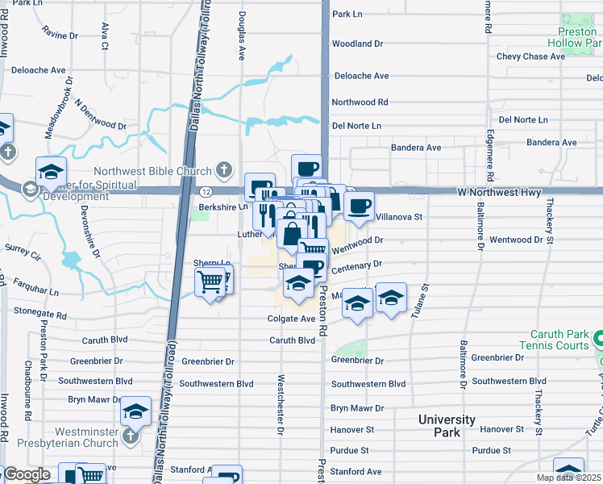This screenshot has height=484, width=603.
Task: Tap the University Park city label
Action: [447, 426]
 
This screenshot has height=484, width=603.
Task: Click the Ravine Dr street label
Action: [60, 35]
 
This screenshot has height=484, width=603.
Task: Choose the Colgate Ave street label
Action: [291, 319]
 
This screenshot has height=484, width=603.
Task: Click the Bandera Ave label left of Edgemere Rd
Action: [416, 148]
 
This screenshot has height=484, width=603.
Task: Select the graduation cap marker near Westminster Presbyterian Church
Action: [135, 411]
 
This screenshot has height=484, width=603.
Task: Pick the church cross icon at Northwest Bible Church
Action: [227, 170]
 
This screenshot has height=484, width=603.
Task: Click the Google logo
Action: [27, 474]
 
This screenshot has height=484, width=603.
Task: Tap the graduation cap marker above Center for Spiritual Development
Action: [51, 172]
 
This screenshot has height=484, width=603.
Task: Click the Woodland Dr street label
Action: [357, 43]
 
